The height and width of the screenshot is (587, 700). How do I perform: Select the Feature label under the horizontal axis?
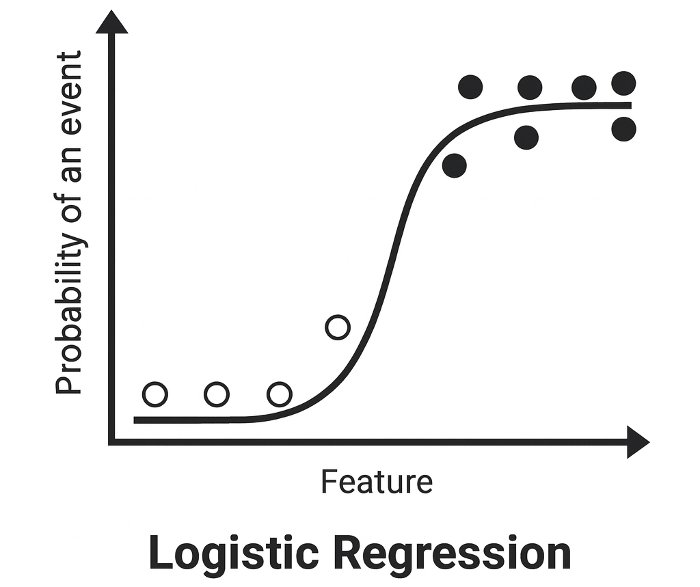377,482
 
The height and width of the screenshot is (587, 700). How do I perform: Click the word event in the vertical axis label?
68,87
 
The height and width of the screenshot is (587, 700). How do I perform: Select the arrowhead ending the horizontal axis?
637,442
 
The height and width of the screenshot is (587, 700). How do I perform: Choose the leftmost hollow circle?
155,394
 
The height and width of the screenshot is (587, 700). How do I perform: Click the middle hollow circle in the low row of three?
217,394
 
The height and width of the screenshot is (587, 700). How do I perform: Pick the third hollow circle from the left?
279,394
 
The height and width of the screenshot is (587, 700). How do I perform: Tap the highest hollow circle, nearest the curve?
338,327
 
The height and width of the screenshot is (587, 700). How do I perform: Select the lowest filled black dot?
455,165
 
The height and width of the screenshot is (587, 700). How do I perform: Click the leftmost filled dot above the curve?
470,87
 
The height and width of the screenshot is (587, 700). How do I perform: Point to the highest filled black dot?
623,83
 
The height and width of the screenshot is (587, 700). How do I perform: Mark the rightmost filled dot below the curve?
623,129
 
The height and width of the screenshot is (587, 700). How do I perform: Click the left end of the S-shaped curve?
136,420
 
